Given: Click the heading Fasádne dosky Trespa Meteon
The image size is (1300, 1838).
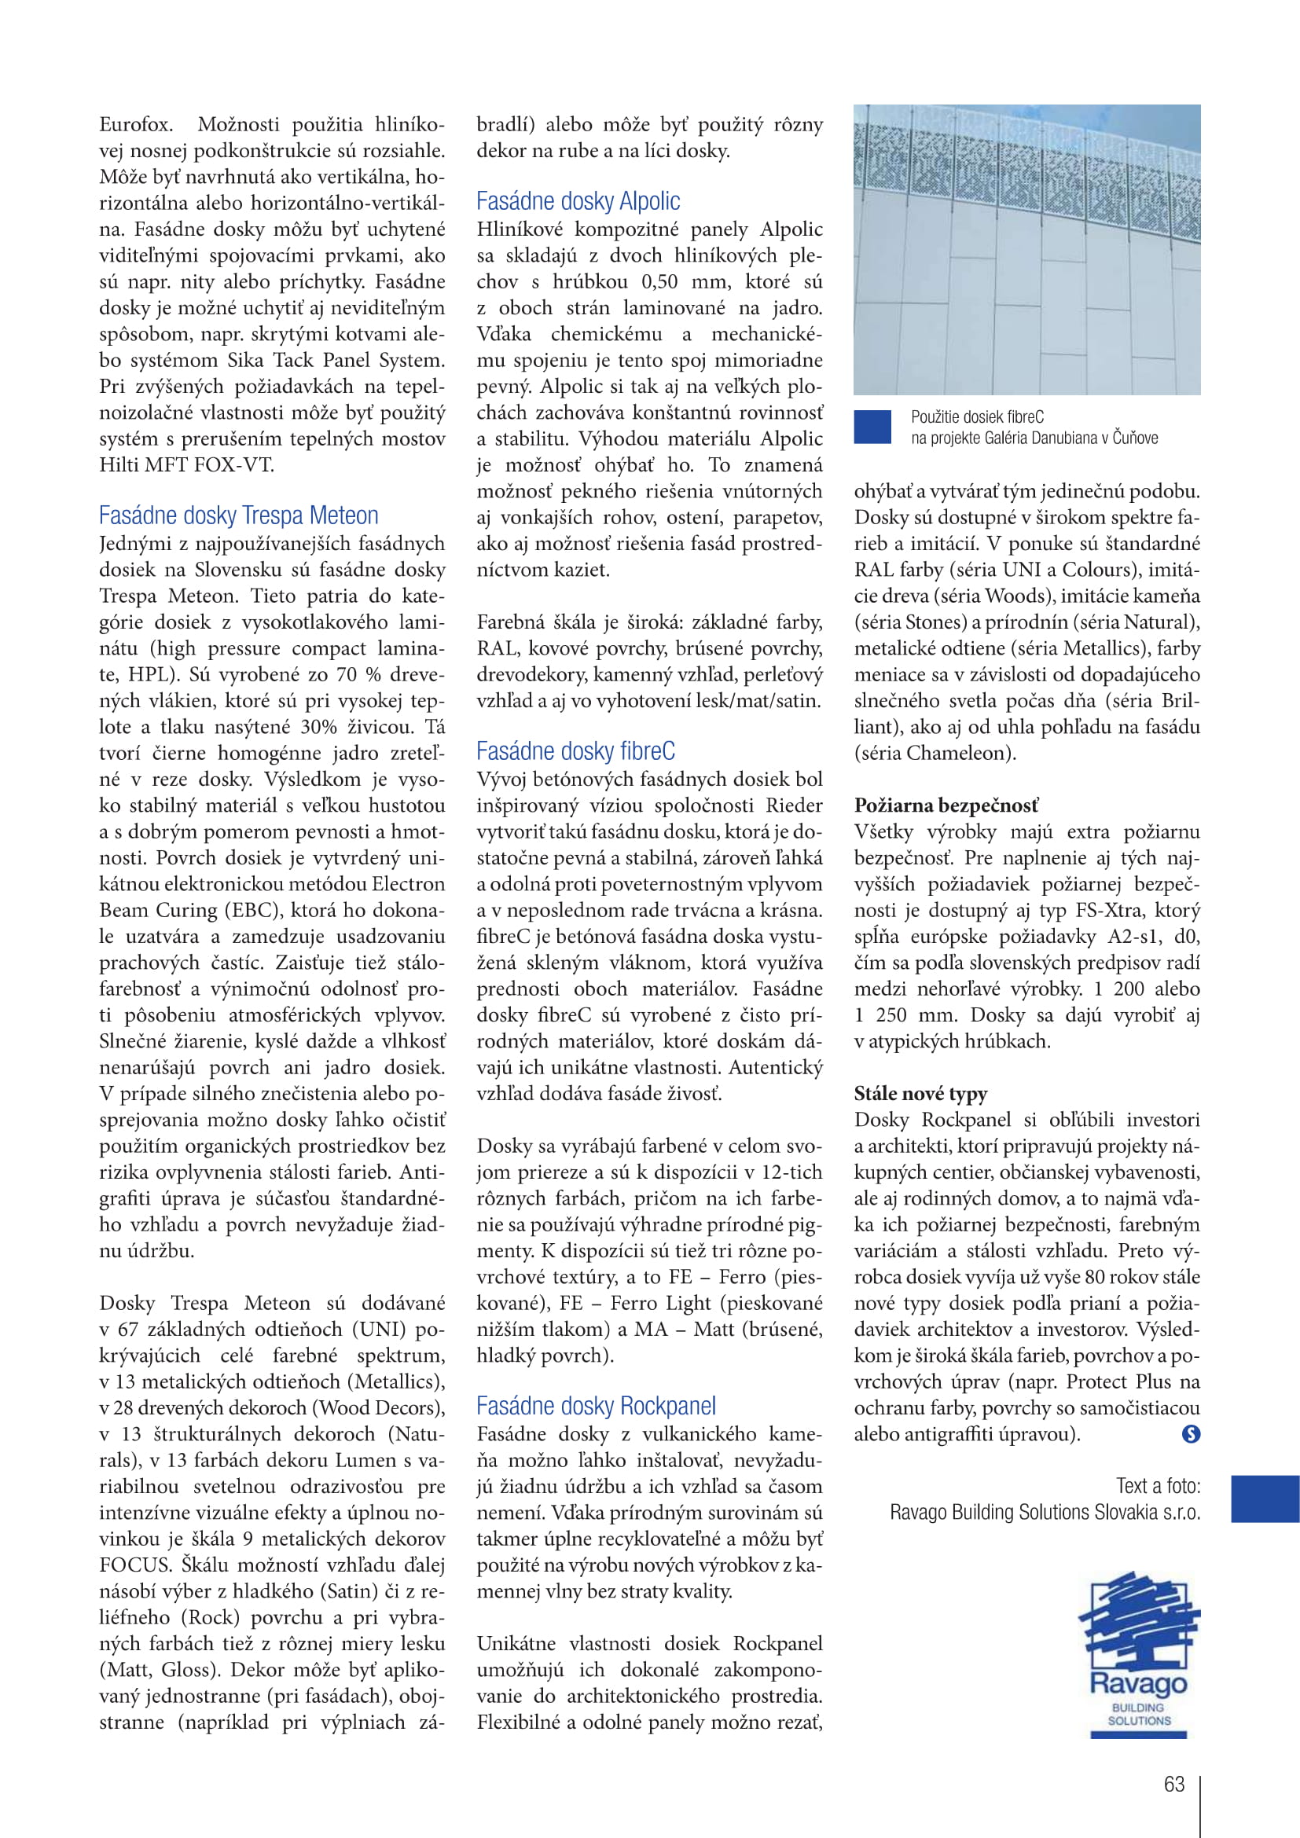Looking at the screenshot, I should coord(239,515).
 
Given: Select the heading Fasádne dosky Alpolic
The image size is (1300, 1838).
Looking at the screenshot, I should coord(578,201).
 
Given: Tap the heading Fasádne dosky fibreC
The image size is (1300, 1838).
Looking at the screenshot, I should coord(575,751).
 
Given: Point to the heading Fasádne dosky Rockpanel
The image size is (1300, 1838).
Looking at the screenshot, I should coord(596,1406).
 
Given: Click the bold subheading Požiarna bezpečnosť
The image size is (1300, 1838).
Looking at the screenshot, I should coord(946,805).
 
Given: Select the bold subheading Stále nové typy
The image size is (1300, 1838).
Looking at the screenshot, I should coord(920,1094).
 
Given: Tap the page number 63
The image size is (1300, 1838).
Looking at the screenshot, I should coord(1174,1784).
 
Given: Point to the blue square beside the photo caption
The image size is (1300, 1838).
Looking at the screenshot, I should coord(872,427).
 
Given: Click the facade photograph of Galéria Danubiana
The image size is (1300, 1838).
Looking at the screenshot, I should coord(1026,250).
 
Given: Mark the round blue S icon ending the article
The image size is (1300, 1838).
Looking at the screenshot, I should coord(1190,1434).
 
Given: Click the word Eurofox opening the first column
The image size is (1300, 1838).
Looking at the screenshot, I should coord(135,125).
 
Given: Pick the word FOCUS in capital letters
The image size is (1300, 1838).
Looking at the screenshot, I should coord(135,1565).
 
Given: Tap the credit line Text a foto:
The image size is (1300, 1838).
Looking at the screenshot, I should coord(1158,1486).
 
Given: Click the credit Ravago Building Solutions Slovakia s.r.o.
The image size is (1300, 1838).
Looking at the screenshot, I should coord(1045,1512).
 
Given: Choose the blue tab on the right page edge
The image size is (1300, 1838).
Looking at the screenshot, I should coord(1265,1499).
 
